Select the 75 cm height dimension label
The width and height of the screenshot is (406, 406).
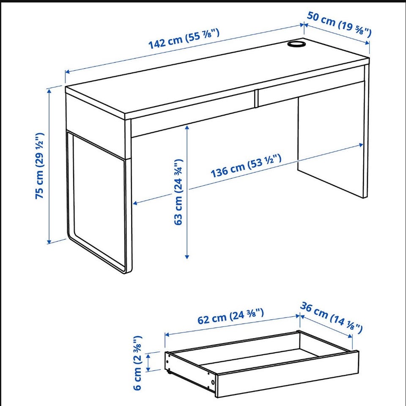pos(40,166)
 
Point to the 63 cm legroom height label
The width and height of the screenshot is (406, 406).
pos(178,192)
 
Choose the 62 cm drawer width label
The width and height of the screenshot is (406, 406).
pos(231,316)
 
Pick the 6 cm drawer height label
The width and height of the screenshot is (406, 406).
pos(137,363)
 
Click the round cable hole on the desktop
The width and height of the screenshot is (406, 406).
pos(296,43)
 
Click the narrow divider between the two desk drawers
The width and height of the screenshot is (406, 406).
pos(256,98)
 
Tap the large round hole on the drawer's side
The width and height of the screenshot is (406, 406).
pos(213,382)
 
